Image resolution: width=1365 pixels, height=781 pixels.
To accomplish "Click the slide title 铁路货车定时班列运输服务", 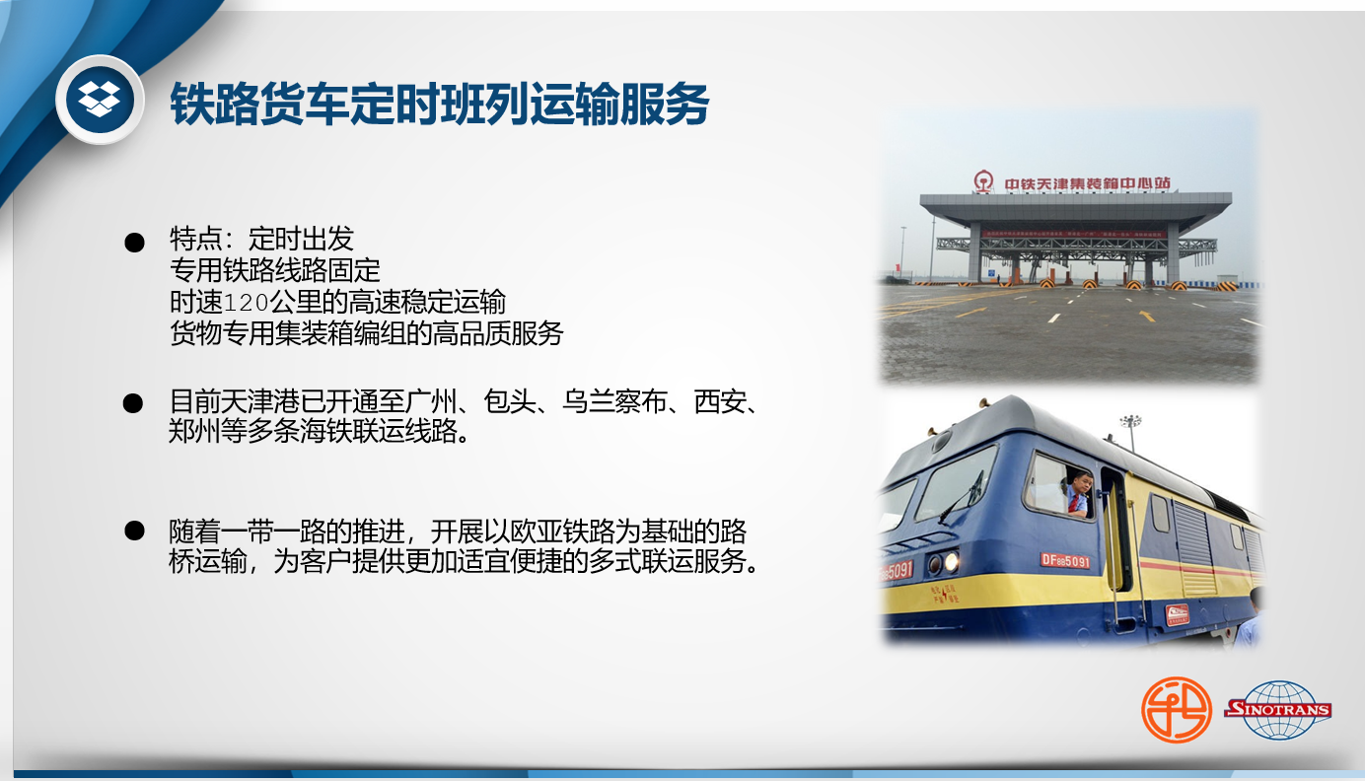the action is [x=439, y=105].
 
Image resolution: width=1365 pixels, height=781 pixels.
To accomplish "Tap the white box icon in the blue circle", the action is [x=100, y=99].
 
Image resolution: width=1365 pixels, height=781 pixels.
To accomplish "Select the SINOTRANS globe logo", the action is [x=1278, y=710].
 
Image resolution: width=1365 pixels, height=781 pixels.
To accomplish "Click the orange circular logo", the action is [x=1176, y=710].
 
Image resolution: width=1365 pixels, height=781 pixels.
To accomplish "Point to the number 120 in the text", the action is [x=247, y=302].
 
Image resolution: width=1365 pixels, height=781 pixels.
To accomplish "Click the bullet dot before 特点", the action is [x=134, y=243].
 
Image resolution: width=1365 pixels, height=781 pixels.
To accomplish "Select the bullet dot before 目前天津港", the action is [x=133, y=402].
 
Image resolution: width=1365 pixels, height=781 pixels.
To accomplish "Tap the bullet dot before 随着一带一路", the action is [x=134, y=531].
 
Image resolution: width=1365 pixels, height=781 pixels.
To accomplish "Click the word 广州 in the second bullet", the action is [x=430, y=401].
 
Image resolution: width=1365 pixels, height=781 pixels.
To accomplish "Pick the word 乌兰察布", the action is [x=613, y=401].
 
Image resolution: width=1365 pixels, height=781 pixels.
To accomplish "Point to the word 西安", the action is [x=720, y=401].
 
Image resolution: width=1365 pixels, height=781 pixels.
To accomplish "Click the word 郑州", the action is [x=194, y=431].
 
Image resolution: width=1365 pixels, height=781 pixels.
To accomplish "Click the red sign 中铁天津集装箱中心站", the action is [x=1087, y=183].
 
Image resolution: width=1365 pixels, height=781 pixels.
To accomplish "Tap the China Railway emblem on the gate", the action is [x=983, y=181].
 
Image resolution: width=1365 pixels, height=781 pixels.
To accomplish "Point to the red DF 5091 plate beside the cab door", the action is [x=1064, y=560].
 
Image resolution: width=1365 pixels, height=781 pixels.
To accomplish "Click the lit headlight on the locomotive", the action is [x=951, y=562].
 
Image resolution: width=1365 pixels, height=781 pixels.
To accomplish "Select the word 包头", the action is [x=510, y=401].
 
